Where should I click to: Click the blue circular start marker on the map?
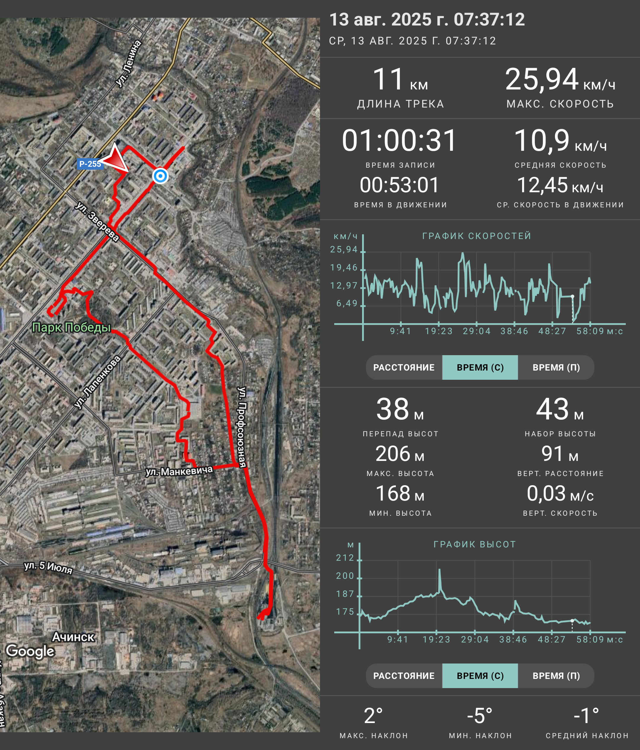coord(160,176)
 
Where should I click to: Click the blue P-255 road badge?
coord(90,164)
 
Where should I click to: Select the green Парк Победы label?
coord(71,328)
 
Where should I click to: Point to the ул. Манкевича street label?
coord(179,471)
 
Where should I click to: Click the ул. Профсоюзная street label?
coord(241,427)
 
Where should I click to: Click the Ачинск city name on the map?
coord(73,637)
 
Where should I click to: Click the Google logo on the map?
coord(31,651)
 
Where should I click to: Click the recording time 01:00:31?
coord(399,140)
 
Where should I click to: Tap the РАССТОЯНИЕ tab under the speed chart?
coord(404,367)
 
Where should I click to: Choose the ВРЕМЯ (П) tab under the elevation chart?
coord(556,676)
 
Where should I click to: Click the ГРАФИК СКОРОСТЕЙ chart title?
coord(477,236)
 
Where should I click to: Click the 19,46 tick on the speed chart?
coord(344,267)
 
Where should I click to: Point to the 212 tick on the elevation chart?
coord(345,558)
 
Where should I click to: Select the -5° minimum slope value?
coord(480,716)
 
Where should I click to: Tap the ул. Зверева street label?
coord(97,222)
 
